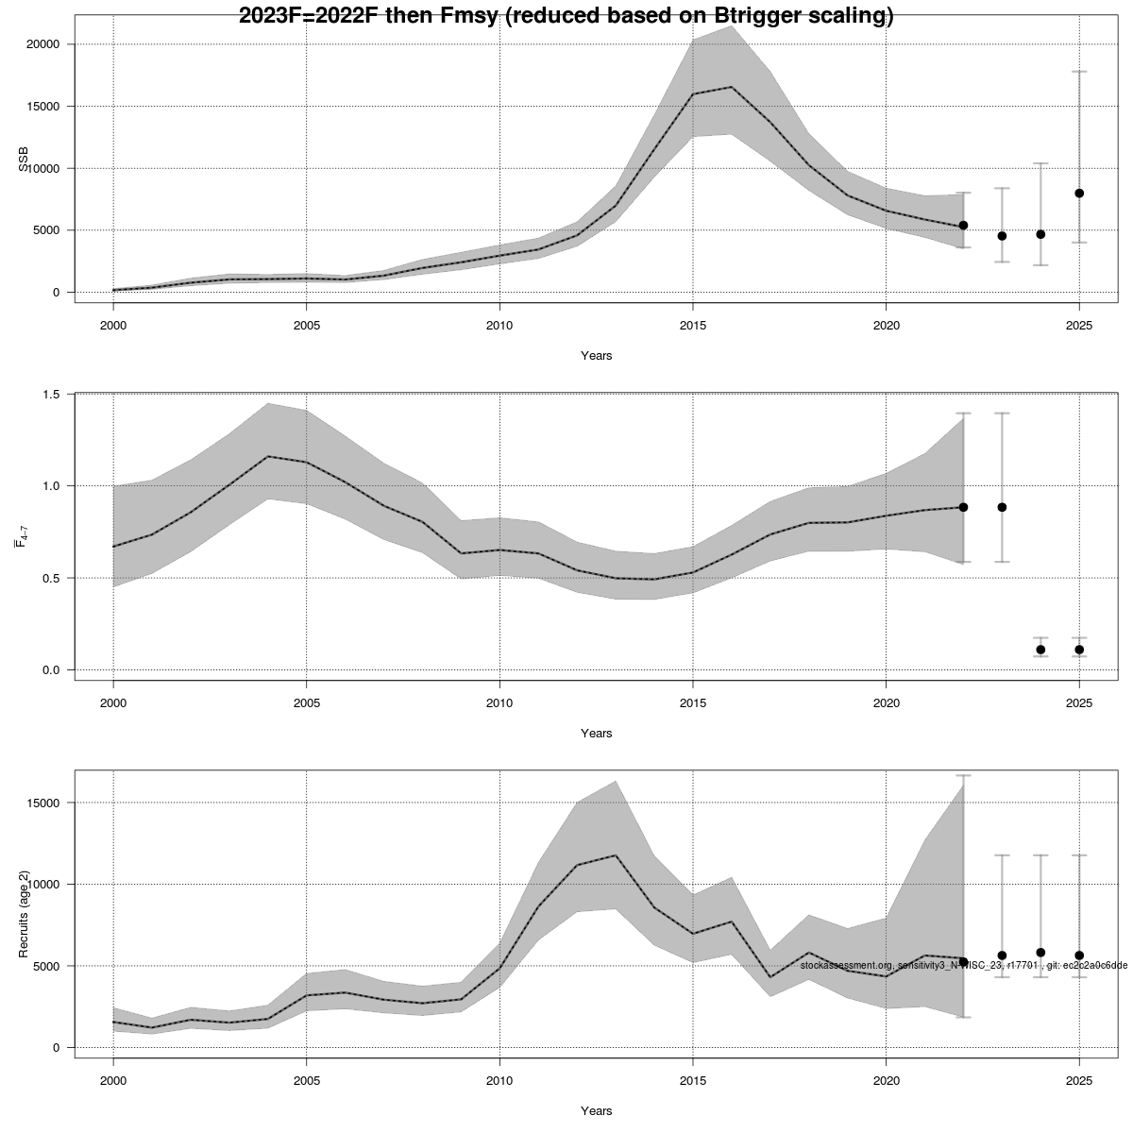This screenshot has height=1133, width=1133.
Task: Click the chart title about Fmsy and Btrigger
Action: pos(566,16)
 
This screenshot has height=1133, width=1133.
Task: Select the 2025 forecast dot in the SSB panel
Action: pos(1079,194)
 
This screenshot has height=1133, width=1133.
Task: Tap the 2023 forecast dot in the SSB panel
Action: pos(1002,236)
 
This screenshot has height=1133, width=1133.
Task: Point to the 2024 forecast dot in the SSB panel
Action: pos(1040,234)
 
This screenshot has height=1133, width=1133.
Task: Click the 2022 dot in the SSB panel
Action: pos(963,226)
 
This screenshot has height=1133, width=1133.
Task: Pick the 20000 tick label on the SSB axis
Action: pos(43,44)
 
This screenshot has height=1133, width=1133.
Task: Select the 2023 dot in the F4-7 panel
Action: pos(1002,507)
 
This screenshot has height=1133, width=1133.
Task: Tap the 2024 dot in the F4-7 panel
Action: pos(1040,650)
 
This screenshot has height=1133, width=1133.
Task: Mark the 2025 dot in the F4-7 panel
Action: pos(1079,650)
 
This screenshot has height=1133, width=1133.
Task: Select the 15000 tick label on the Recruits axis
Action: pos(43,803)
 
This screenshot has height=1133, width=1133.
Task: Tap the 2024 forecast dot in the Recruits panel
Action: pos(1040,953)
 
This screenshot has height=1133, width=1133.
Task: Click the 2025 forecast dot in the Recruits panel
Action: pos(1079,955)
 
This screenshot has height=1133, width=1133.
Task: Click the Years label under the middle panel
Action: pos(596,734)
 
